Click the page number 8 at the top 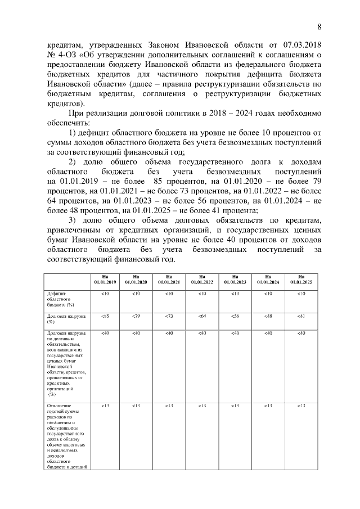[319, 27]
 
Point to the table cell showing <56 [235, 317]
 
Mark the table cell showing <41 [301, 317]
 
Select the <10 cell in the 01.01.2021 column [169, 294]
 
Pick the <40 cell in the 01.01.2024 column [268, 334]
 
